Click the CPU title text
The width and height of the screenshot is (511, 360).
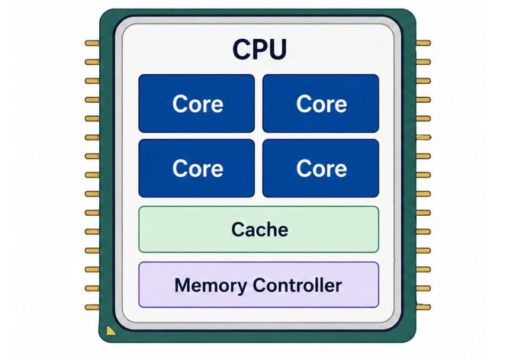click(259, 49)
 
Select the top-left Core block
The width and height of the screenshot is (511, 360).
click(197, 103)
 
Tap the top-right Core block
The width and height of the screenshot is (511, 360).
click(320, 103)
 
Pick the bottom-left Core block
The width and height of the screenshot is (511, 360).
click(197, 168)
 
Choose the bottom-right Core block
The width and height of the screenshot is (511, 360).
click(320, 168)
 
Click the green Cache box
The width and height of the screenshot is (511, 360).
click(259, 230)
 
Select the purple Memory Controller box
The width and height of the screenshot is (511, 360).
click(259, 284)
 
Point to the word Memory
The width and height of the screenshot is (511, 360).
click(211, 286)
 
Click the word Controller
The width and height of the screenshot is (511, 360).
click(297, 285)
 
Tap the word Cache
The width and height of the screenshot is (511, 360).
click(260, 230)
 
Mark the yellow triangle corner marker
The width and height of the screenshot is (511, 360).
click(111, 331)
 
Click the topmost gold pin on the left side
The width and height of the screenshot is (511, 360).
click(92, 43)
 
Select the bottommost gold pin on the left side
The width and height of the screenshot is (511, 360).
click(92, 307)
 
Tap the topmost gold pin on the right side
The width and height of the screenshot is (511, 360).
click(423, 43)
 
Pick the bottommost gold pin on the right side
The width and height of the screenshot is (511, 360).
click(423, 307)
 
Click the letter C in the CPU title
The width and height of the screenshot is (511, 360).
click(242, 49)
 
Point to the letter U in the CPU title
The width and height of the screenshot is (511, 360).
click(278, 49)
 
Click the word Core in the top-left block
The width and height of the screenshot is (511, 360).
click(198, 104)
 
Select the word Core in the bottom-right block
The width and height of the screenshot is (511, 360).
click(322, 169)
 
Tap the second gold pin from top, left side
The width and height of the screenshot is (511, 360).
click(92, 62)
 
